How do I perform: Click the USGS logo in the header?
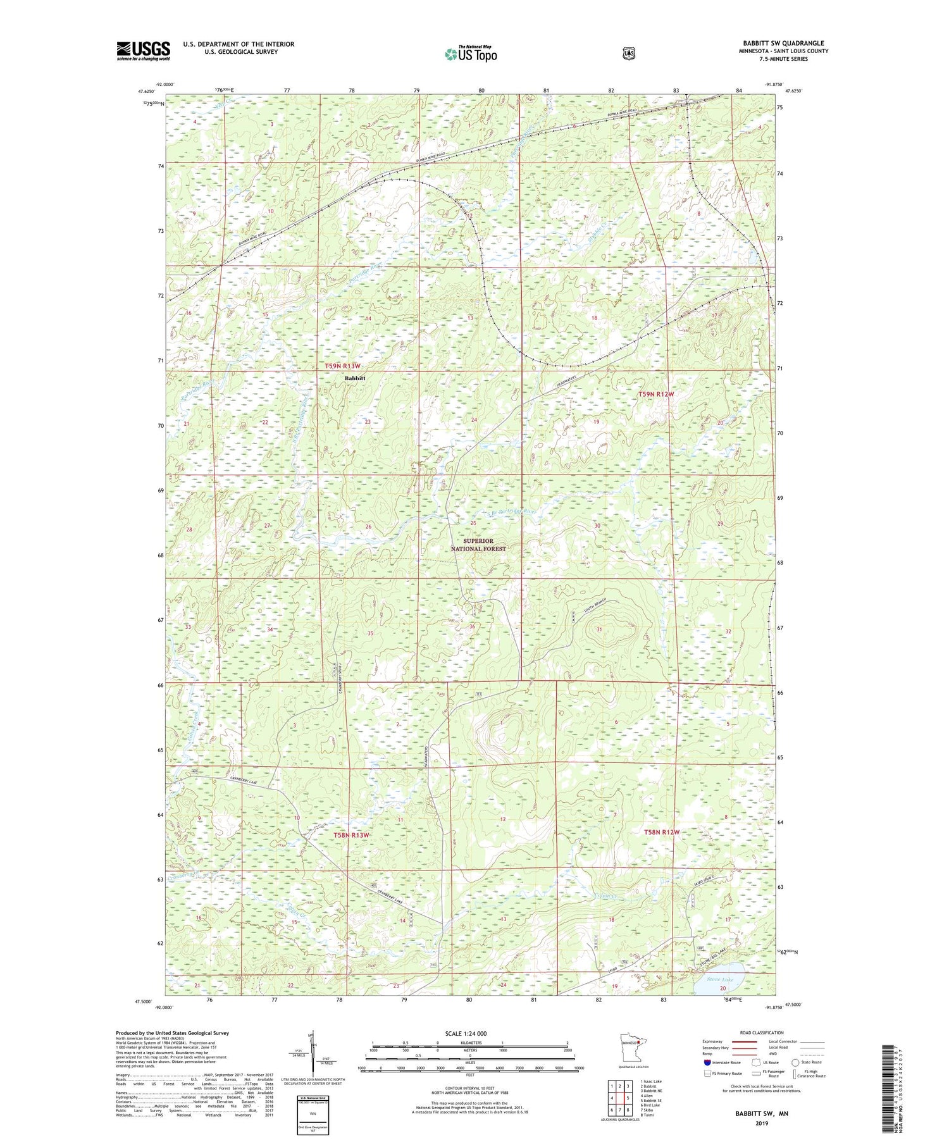click(143, 50)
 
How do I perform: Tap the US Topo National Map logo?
click(470, 54)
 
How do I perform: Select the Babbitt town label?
click(355, 378)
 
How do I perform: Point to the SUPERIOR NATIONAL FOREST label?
click(478, 545)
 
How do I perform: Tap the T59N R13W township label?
click(342, 366)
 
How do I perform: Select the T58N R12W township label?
click(661, 832)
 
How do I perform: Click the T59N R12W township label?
click(655, 394)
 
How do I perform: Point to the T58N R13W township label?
click(351, 835)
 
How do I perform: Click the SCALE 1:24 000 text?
click(466, 1034)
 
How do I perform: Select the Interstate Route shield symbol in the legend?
click(707, 1062)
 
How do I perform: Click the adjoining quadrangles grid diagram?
click(619, 1098)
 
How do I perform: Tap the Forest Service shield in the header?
click(628, 54)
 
